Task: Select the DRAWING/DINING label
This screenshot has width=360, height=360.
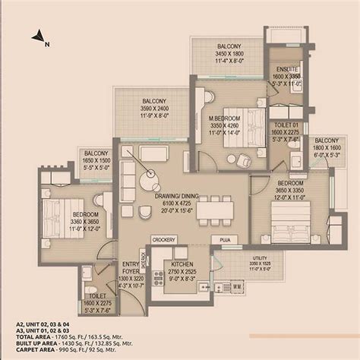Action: click(175, 194)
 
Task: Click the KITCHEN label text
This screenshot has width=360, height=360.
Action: click(180, 264)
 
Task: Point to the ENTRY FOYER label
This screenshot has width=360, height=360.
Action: click(130, 266)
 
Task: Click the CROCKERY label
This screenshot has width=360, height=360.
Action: click(163, 239)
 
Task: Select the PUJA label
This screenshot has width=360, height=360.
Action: click(225, 239)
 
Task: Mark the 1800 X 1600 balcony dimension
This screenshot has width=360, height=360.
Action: click(327, 149)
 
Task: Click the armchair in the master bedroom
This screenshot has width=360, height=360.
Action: click(244, 160)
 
